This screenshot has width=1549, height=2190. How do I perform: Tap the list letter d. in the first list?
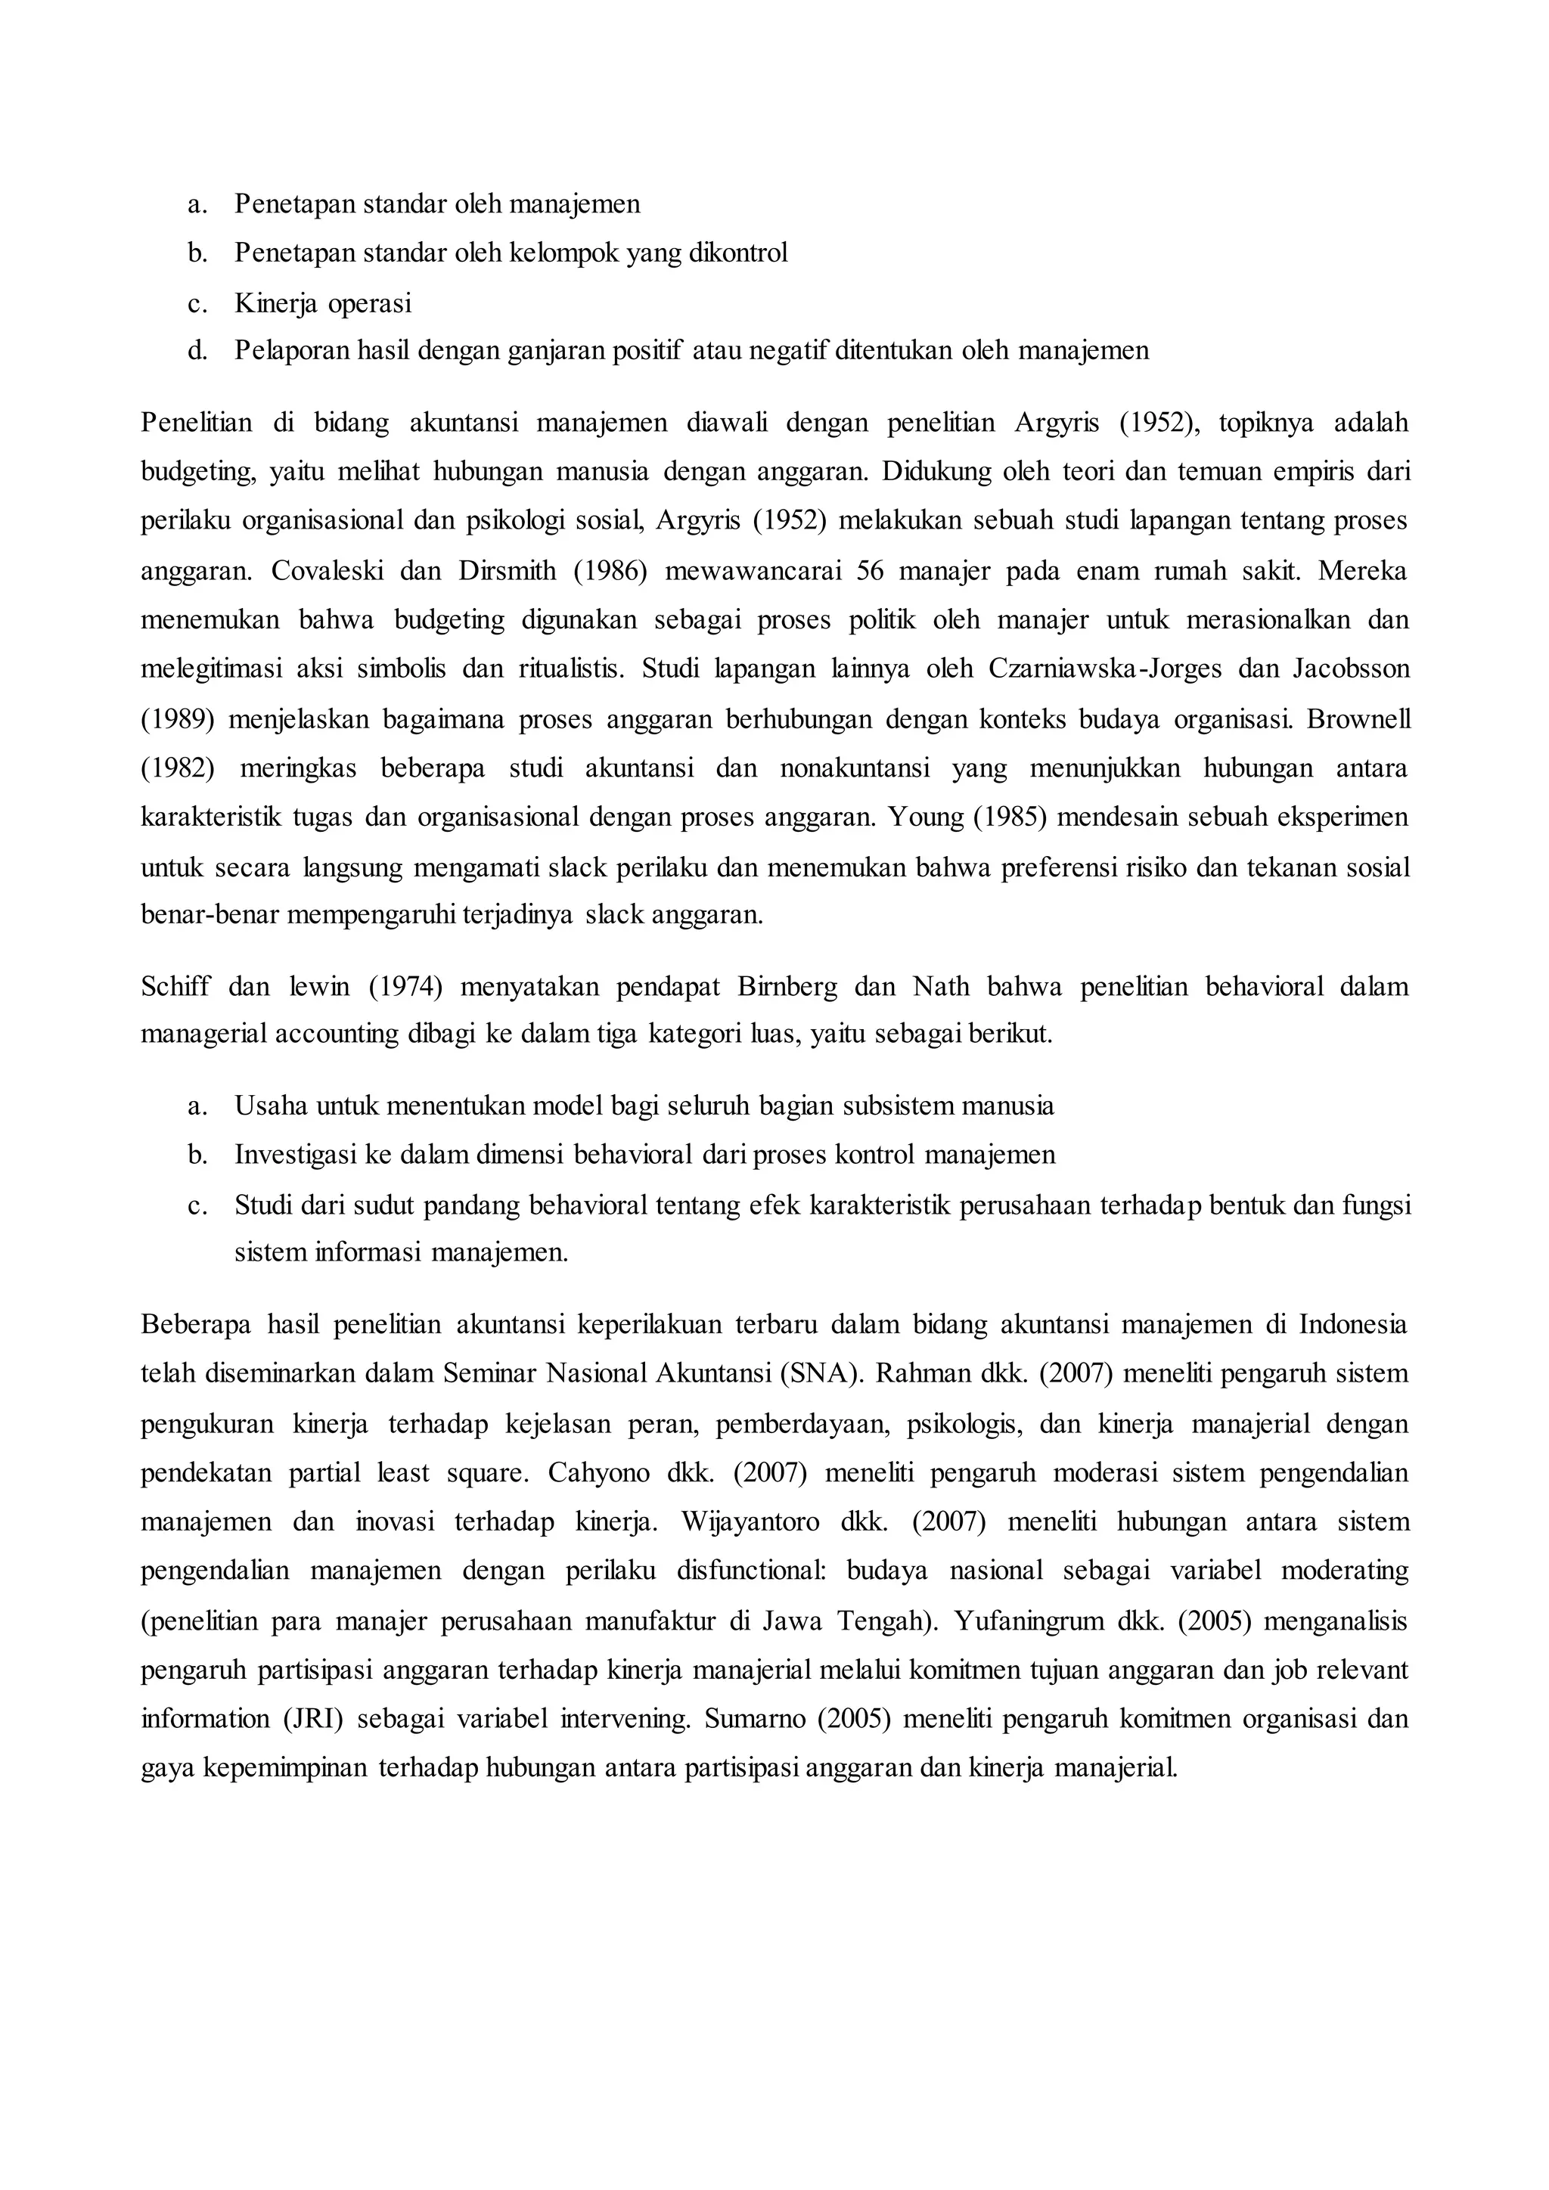tap(197, 351)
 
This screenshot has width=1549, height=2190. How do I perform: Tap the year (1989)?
tap(178, 719)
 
